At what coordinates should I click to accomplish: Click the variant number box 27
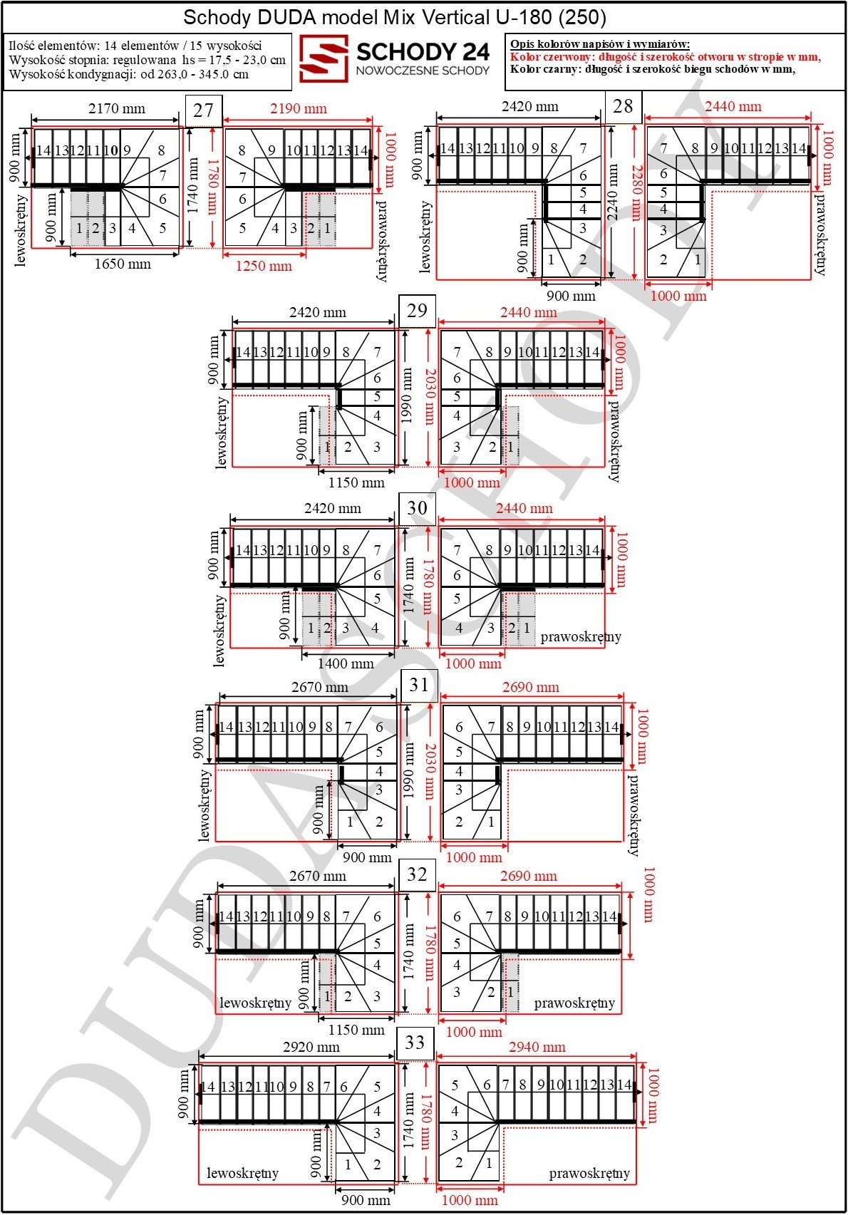click(204, 110)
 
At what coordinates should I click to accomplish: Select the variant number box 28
click(623, 106)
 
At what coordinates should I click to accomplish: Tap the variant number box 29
click(417, 311)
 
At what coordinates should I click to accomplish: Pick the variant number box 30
click(417, 508)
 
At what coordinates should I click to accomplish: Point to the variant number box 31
click(419, 685)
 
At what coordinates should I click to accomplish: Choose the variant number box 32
click(417, 874)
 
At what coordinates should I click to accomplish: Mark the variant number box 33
click(415, 1043)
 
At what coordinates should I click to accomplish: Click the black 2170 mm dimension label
click(117, 108)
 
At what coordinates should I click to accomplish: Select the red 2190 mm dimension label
click(299, 108)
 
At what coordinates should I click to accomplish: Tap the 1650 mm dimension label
click(123, 264)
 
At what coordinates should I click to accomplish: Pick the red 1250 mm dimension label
click(264, 267)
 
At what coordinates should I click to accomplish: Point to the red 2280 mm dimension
click(636, 192)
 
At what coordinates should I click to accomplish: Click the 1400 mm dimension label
click(346, 663)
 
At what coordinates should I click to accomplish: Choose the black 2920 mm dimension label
click(311, 1047)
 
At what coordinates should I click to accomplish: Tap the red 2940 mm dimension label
click(537, 1047)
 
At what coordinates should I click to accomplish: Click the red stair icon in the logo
click(324, 58)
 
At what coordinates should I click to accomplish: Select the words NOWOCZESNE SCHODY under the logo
click(423, 71)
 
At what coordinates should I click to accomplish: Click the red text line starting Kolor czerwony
click(666, 57)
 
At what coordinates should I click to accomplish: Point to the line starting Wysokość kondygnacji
click(129, 74)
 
